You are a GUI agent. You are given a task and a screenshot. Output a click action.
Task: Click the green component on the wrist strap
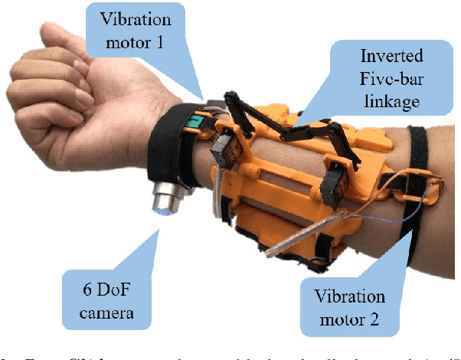(x=195, y=123)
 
